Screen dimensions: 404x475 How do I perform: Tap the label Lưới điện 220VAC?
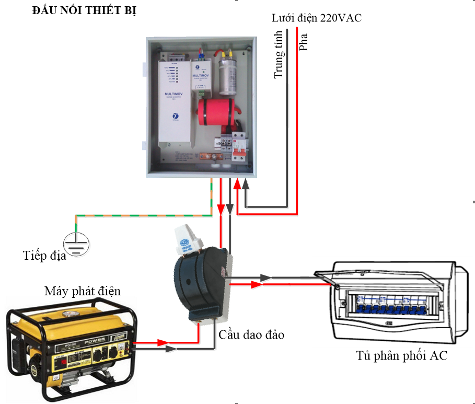[x=316, y=18]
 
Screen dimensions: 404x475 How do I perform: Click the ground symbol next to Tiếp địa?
[x=76, y=244]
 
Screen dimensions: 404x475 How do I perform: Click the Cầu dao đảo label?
[x=251, y=334]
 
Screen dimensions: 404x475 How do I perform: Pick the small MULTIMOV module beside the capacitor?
[x=201, y=75]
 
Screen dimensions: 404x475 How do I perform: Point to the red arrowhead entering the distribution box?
[x=256, y=285]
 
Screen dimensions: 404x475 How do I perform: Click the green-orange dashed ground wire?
[x=141, y=215]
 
